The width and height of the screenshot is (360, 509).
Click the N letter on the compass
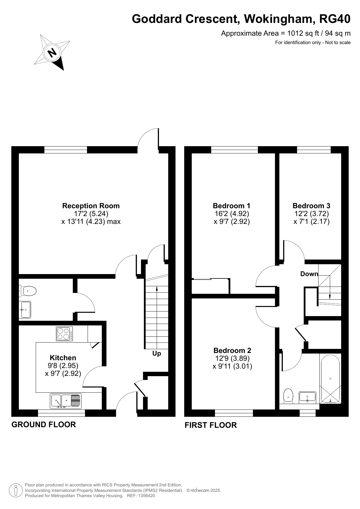click(x=53, y=52)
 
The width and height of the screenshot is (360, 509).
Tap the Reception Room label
click(x=91, y=206)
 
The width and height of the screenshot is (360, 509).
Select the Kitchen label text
click(x=63, y=358)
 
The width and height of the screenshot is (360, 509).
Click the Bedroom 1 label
click(x=231, y=206)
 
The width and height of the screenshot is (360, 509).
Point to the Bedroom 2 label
click(x=232, y=351)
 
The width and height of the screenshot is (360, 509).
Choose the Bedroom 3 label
click(x=312, y=206)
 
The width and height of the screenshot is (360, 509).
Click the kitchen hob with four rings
click(x=64, y=334)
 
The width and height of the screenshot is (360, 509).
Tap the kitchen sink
click(x=66, y=401)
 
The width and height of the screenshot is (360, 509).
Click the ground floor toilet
click(x=28, y=291)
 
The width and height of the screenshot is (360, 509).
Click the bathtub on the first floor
click(x=330, y=378)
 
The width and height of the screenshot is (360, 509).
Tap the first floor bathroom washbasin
click(x=307, y=397)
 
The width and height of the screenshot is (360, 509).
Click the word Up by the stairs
click(x=157, y=354)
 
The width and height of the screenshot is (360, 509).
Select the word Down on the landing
click(x=309, y=274)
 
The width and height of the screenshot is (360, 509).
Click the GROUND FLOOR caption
click(x=44, y=425)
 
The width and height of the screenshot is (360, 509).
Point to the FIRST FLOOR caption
click(x=211, y=425)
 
